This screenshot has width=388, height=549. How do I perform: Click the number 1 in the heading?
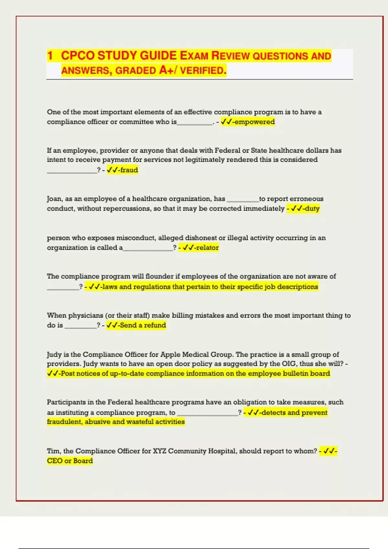coord(50,56)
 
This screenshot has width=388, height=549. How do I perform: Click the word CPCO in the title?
coord(78,56)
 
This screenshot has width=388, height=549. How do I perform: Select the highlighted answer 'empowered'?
coord(254,122)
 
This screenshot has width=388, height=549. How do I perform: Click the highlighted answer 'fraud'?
coord(129,170)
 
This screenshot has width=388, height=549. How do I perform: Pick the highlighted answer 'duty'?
coord(312,209)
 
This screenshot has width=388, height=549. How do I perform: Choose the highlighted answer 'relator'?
coord(207,248)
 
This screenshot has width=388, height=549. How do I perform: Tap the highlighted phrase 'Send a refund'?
coord(143,325)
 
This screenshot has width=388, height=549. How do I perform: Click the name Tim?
coord(53,451)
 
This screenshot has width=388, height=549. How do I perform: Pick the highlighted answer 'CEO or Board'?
coord(70,461)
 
